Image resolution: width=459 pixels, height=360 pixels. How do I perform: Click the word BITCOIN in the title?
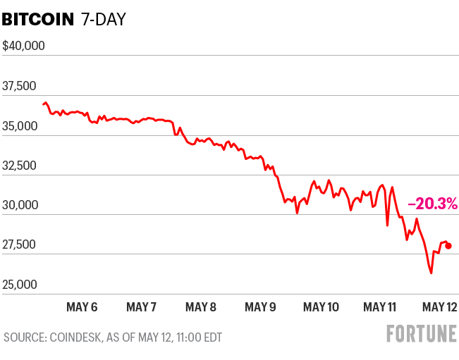38,19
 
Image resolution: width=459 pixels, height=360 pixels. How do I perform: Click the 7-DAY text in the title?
103,19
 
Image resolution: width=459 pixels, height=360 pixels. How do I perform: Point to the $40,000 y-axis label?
24,46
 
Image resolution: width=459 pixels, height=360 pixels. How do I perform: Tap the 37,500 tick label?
20,86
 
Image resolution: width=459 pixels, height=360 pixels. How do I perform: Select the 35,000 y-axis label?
20,126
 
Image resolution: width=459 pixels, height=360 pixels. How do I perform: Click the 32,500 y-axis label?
20,166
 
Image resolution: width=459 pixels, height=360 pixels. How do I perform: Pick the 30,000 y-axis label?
20,206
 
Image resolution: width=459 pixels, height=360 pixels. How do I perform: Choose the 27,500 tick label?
20,245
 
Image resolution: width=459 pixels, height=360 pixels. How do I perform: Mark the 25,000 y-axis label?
20,285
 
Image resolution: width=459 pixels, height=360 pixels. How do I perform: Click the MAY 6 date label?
82,306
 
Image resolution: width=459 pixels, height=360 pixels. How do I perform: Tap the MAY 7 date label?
142,306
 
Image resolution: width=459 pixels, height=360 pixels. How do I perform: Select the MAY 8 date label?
202,306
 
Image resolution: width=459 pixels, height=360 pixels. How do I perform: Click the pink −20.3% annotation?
433,204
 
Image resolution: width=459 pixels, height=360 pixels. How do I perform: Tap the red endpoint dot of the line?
448,246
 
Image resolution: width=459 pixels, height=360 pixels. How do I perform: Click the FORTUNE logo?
421,334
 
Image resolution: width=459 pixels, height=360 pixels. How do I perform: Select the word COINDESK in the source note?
74,337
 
